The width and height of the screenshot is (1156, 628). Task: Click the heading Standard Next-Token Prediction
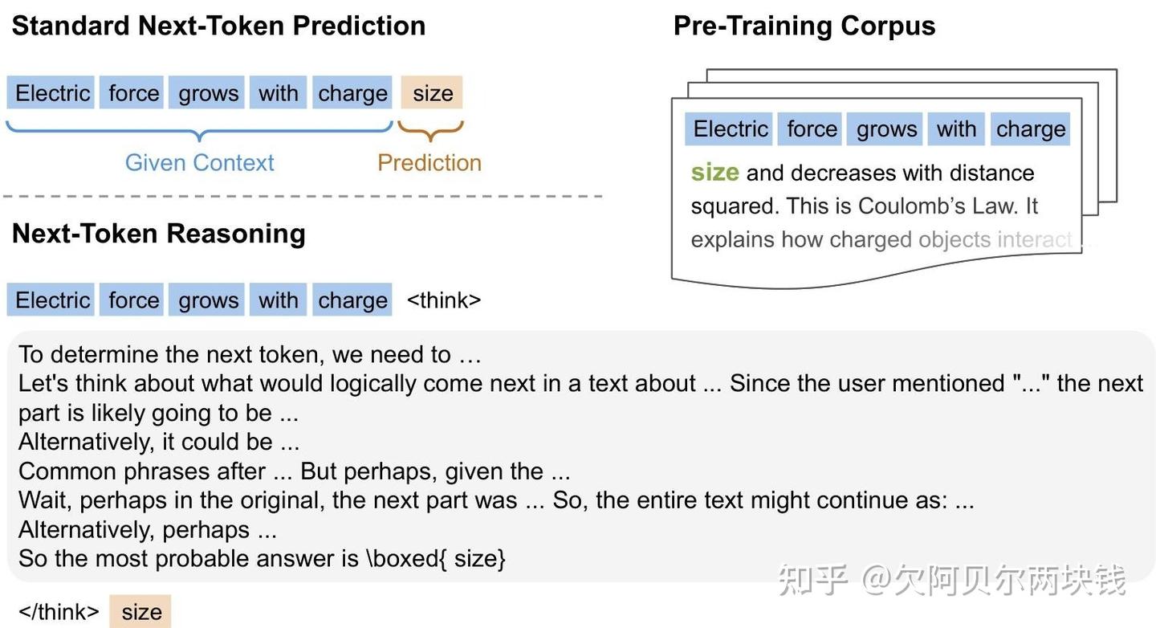[218, 26]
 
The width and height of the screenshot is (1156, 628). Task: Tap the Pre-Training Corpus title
[804, 26]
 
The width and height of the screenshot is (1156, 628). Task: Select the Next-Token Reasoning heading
[159, 233]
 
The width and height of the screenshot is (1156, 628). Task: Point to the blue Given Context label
[199, 162]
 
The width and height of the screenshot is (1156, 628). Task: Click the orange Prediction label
[429, 162]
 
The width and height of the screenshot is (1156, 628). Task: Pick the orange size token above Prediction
[433, 93]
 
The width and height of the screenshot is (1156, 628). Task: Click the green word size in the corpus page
[714, 173]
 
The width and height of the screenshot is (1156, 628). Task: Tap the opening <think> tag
[444, 300]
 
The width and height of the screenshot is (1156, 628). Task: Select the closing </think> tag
[59, 612]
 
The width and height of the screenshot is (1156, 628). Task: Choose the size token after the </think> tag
[141, 612]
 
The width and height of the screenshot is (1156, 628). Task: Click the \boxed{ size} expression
[436, 559]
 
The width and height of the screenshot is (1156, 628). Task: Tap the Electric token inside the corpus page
[731, 129]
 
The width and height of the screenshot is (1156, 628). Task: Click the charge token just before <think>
[352, 300]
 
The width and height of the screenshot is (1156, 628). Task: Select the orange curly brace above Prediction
[431, 130]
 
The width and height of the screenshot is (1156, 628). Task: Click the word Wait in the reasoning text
[45, 500]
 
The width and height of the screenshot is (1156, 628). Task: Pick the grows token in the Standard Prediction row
[208, 93]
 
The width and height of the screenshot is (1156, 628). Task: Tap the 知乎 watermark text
[812, 580]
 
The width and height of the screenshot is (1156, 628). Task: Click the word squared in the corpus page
[732, 206]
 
